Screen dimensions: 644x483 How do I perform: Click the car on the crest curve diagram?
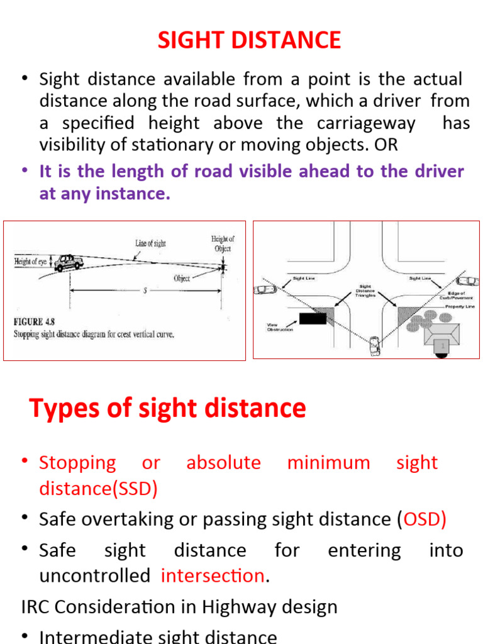click(x=69, y=263)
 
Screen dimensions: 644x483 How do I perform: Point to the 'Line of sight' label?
click(x=150, y=243)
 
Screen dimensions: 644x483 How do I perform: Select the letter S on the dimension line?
click(x=145, y=291)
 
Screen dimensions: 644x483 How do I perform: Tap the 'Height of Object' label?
click(x=222, y=243)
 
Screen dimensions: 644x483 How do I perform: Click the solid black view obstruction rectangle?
click(x=313, y=318)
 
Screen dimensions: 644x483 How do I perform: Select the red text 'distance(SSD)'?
click(x=98, y=489)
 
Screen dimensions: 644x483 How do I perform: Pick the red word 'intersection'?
click(x=213, y=576)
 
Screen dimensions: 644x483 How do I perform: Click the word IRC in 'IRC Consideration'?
click(x=34, y=607)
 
